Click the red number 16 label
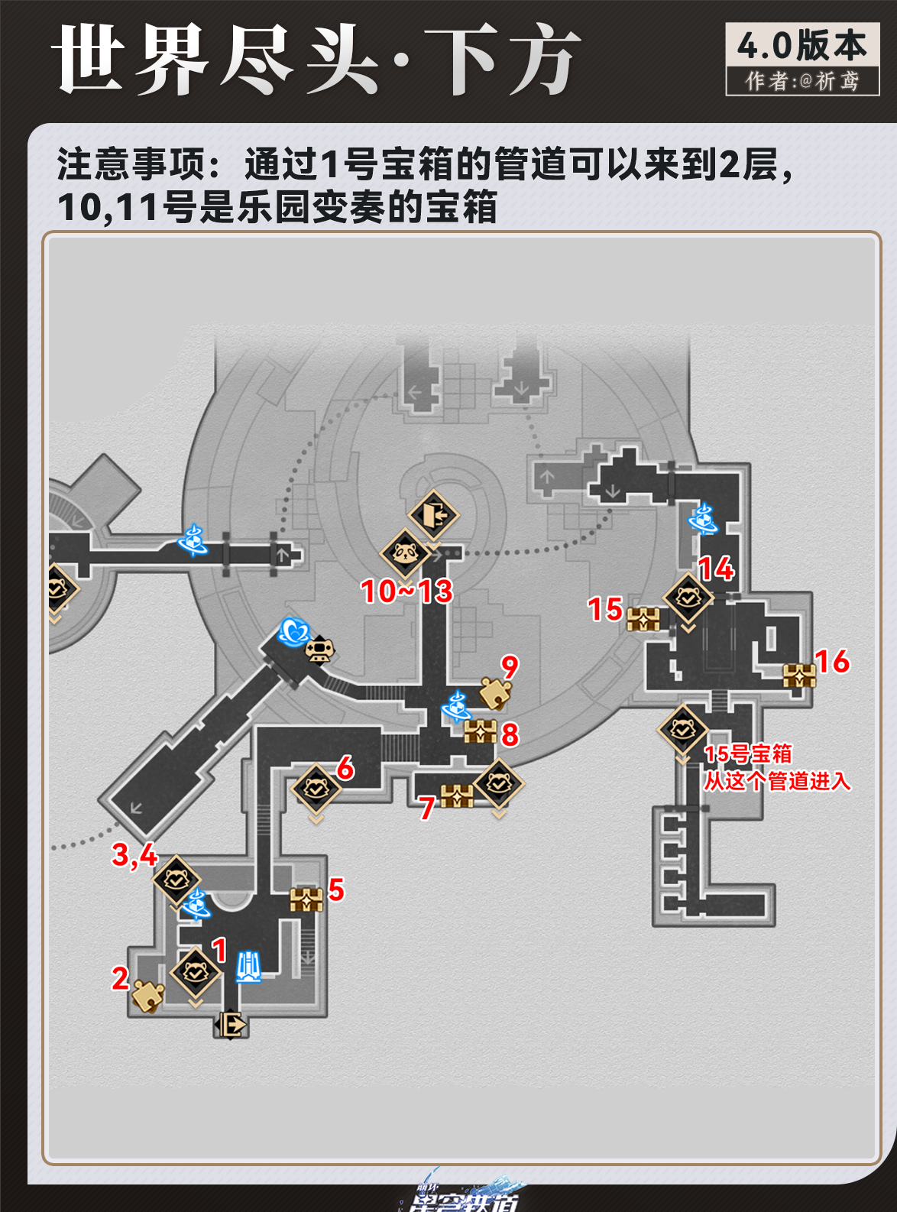(x=832, y=661)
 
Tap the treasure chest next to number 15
(x=643, y=618)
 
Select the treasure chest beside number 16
(x=799, y=676)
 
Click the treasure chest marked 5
(x=306, y=899)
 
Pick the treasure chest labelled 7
(x=457, y=796)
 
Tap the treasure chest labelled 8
(x=480, y=731)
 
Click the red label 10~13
(x=406, y=591)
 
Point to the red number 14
(x=716, y=569)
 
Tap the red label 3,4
(x=134, y=854)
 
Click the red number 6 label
(x=345, y=767)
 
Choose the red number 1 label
(x=220, y=950)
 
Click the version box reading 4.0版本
(x=802, y=46)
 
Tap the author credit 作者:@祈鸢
(x=802, y=81)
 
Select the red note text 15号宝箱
(x=747, y=754)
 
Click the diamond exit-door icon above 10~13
(x=432, y=514)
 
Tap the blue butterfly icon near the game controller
(x=293, y=632)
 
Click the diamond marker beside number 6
(x=316, y=787)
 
